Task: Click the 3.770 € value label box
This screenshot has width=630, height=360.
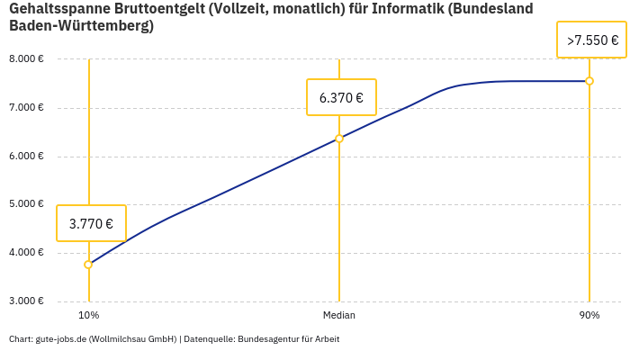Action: point(91,223)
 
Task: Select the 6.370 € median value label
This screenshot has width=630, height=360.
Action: point(341,97)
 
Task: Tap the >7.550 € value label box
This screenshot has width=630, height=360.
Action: point(591,40)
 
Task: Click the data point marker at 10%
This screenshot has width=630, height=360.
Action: point(88,265)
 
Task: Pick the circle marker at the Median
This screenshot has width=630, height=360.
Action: point(339,139)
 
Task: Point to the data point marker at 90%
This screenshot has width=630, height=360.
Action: point(589,81)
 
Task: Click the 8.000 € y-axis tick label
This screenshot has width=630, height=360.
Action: point(26,59)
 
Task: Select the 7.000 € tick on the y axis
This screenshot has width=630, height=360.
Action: point(26,108)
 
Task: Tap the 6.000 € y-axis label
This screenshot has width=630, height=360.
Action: point(26,156)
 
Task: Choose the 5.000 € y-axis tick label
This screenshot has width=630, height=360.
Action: point(26,204)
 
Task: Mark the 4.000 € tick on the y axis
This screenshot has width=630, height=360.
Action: point(26,252)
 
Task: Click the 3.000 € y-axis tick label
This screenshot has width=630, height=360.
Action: point(26,301)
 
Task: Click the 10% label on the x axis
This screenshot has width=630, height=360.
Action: point(88,316)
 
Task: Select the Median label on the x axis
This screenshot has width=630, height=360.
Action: point(339,316)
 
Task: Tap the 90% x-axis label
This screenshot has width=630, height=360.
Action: point(589,316)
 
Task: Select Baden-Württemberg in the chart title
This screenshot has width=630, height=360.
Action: point(78,26)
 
